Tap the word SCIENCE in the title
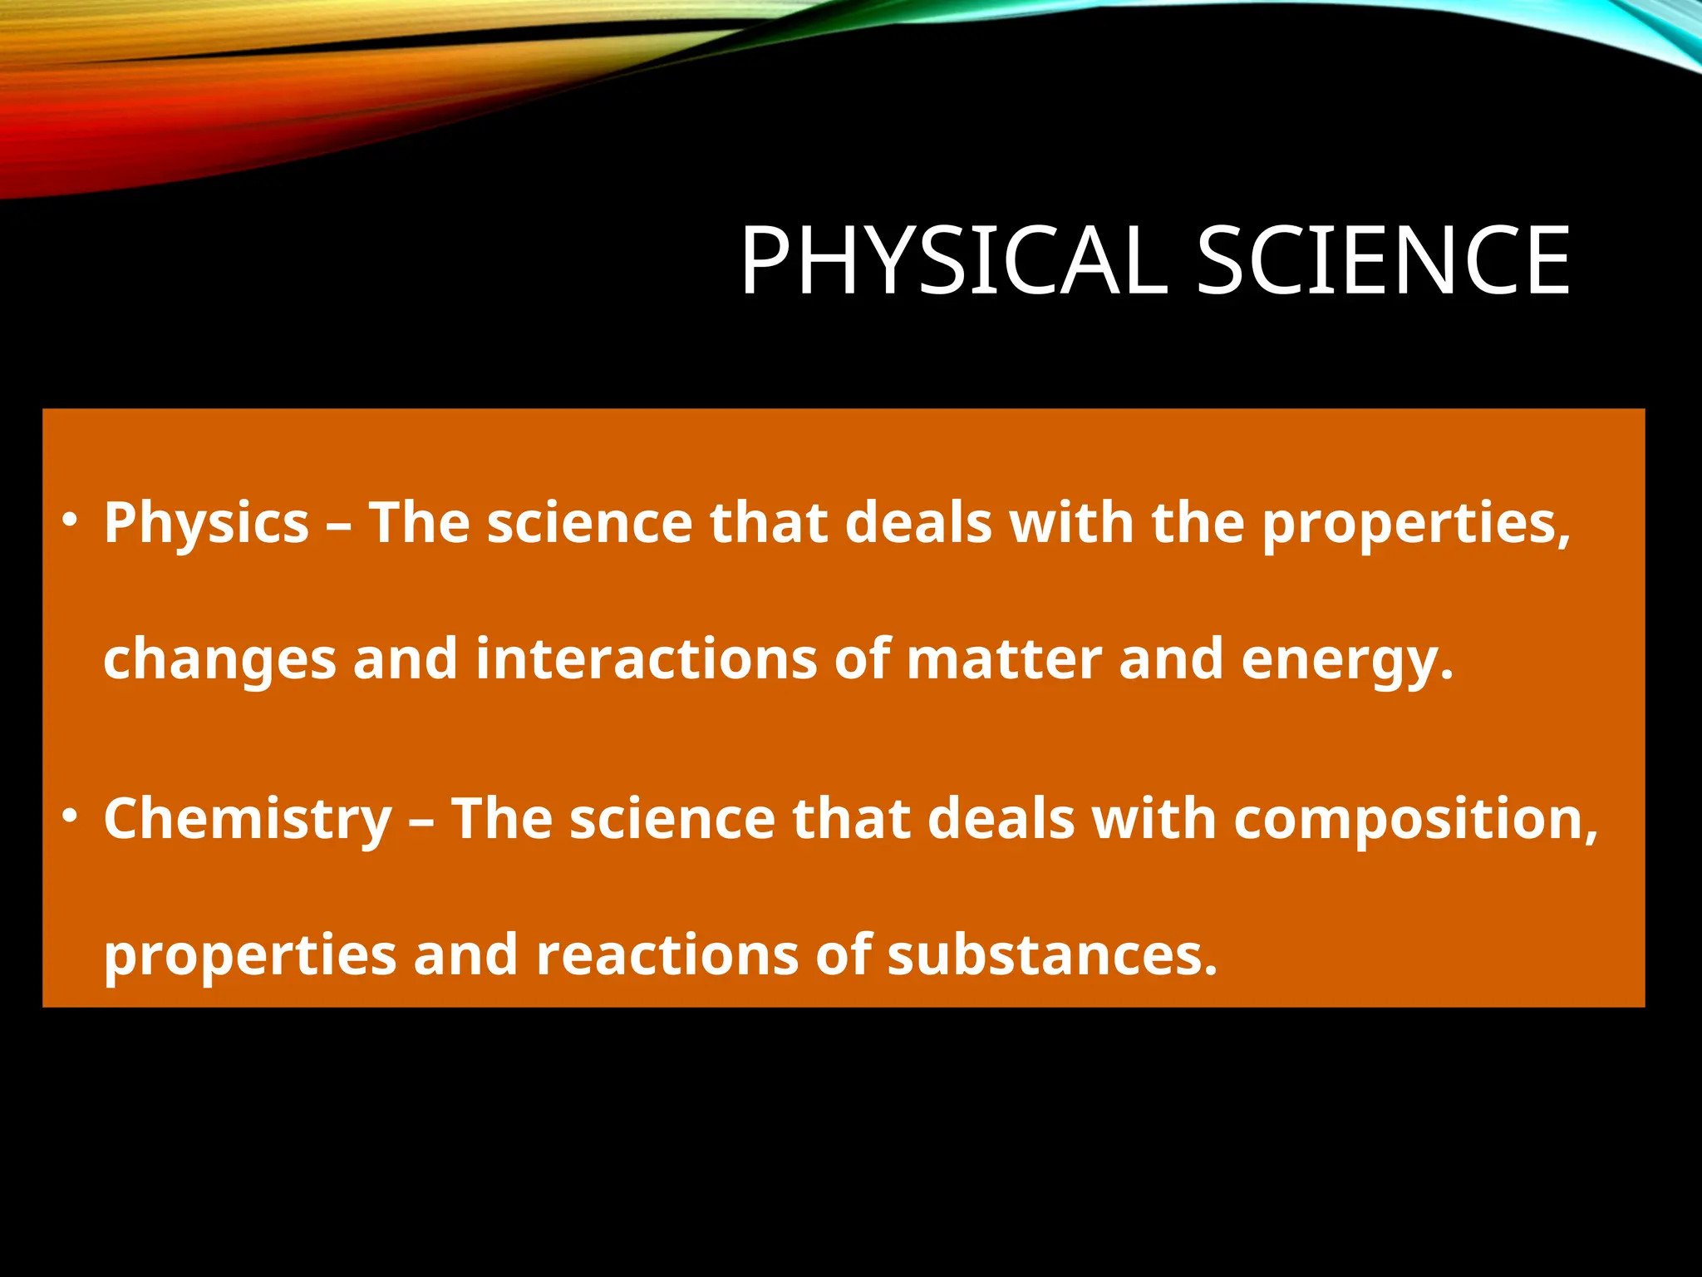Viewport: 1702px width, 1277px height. (1383, 261)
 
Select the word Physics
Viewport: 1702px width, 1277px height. (206, 524)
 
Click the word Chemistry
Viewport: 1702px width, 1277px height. (248, 820)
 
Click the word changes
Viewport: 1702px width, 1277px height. (219, 660)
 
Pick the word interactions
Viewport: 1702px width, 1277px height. (647, 658)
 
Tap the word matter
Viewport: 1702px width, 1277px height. (1004, 658)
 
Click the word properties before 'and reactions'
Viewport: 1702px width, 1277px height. (249, 956)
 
